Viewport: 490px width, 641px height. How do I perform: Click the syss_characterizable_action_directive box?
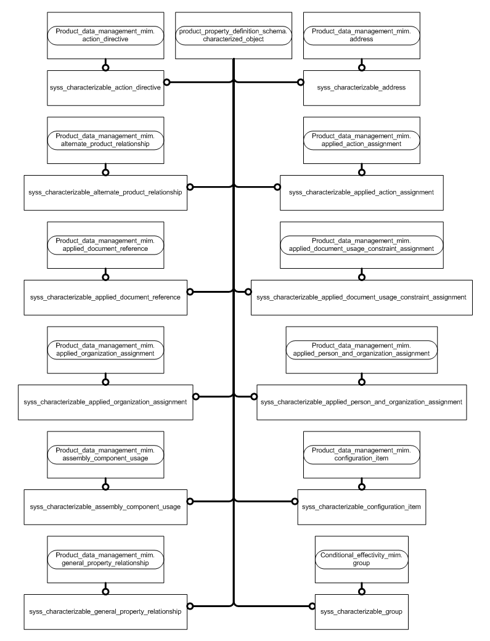click(105, 88)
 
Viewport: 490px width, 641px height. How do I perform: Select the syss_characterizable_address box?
click(362, 88)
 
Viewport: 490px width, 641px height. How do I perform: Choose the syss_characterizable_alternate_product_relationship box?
click(105, 192)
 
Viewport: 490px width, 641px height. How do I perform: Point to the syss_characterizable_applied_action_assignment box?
click(362, 192)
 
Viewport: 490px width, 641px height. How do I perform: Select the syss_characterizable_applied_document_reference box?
click(105, 297)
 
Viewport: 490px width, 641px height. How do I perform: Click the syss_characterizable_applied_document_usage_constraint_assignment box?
click(362, 297)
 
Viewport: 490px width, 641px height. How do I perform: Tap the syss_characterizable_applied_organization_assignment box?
click(105, 402)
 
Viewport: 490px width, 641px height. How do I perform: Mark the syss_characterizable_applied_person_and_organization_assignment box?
click(362, 402)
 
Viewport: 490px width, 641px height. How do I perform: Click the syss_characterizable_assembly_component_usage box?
click(105, 507)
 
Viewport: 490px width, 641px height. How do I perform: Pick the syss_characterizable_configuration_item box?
click(362, 507)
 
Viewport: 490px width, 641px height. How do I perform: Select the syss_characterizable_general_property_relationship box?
click(105, 611)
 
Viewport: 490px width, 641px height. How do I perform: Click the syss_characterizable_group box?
click(362, 611)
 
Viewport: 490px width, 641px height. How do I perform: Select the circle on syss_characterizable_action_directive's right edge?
click(166, 81)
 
